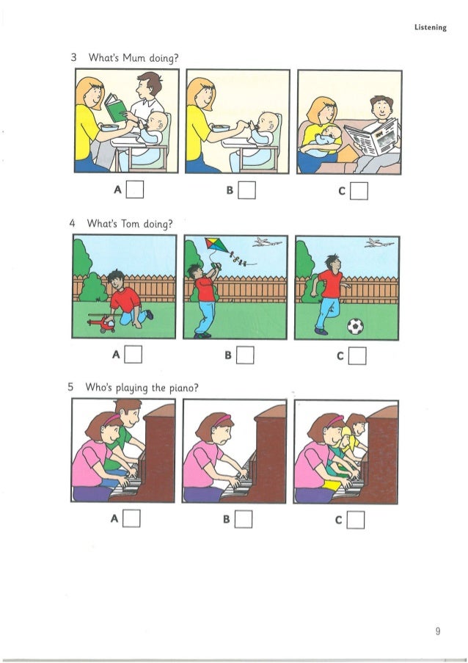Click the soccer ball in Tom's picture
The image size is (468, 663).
click(355, 325)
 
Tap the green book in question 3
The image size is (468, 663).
click(116, 108)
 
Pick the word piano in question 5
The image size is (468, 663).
click(175, 387)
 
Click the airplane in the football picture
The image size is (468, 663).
click(376, 243)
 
